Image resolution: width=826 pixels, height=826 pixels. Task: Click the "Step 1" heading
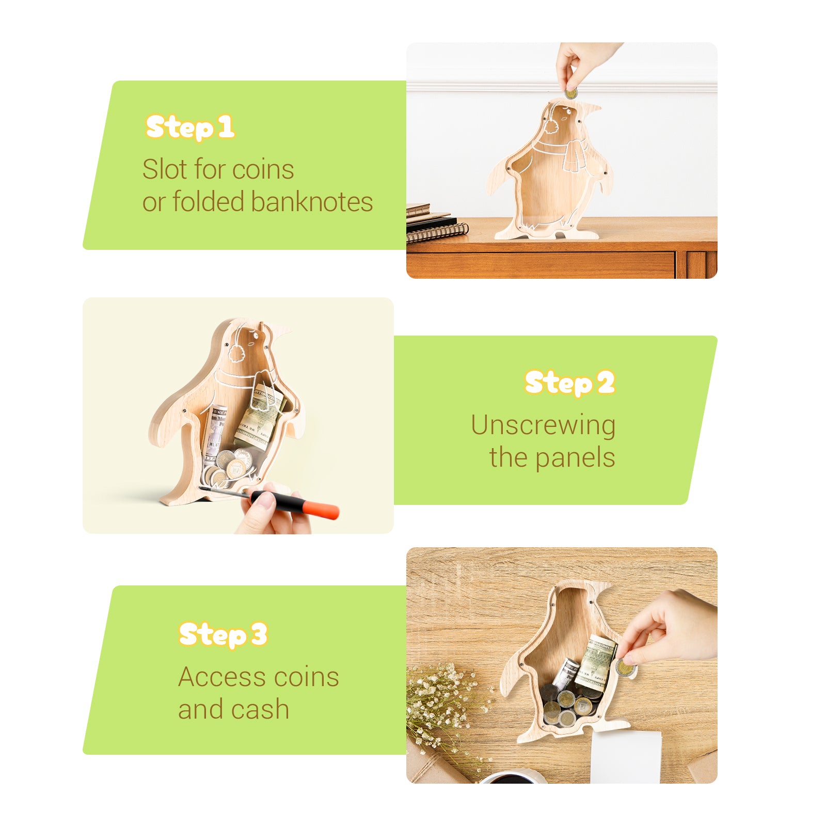click(190, 128)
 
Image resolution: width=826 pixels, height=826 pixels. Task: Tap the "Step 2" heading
click(569, 383)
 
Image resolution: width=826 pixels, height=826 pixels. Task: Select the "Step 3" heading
click(223, 635)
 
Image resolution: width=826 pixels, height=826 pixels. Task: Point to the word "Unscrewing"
click(543, 426)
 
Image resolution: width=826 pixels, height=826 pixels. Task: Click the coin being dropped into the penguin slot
click(570, 94)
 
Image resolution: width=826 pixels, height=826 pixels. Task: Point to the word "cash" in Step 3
click(259, 709)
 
